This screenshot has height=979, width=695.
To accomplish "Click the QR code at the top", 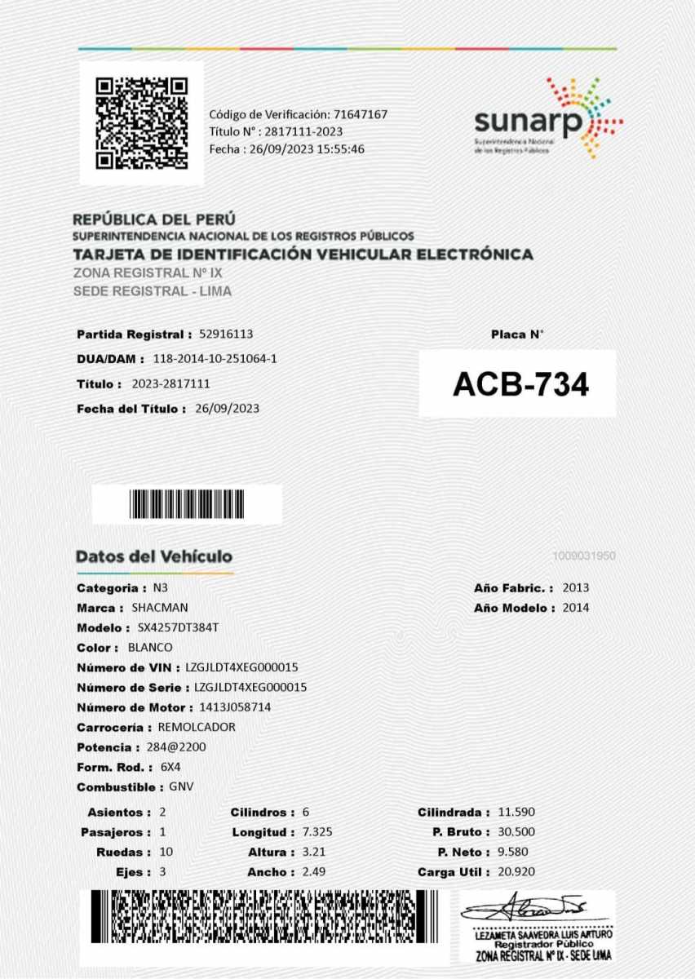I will coord(141,122).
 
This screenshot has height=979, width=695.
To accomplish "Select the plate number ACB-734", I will coord(520,384).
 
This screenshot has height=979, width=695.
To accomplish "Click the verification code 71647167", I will coord(360,114).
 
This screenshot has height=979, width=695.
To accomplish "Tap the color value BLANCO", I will coord(150,647).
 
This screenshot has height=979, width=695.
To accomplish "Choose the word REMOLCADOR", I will coord(197,727).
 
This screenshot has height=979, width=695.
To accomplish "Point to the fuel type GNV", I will coord(181,786).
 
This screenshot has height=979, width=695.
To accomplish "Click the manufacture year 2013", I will coord(576,587).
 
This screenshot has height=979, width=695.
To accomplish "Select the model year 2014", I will coord(576,607).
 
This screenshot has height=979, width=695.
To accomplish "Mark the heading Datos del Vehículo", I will coord(154,556).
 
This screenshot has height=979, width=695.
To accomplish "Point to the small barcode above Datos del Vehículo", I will coord(186,504).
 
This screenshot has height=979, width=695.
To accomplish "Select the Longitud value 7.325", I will coord(317,832).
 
